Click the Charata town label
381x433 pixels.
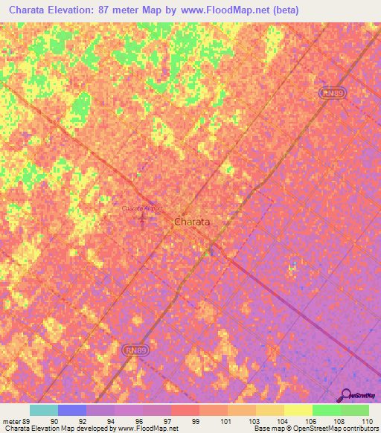(x=191, y=222)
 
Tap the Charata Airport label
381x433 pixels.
(x=141, y=209)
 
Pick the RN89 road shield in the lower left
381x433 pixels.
(x=132, y=349)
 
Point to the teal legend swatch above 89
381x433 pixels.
(x=44, y=410)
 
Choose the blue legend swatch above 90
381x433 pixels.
(x=72, y=410)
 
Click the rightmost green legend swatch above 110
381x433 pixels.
(x=355, y=410)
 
